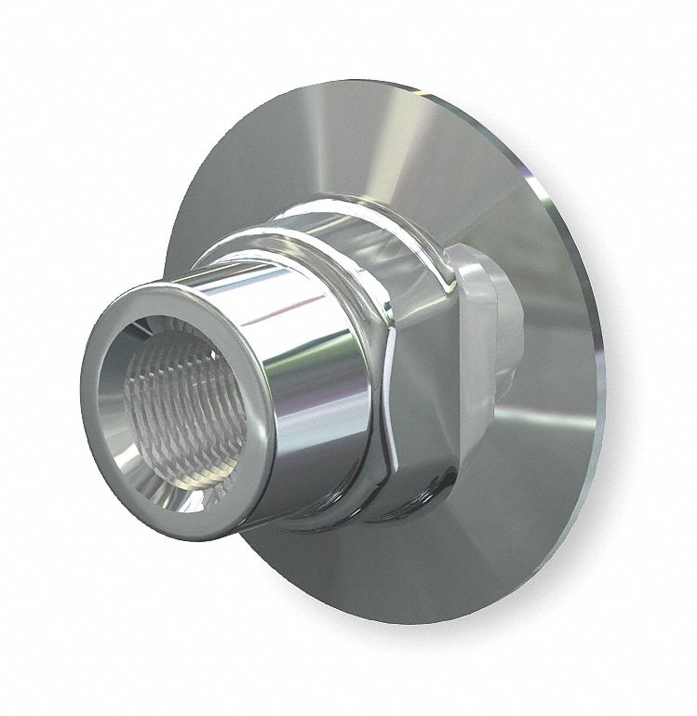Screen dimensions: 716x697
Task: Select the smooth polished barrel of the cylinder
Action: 307,372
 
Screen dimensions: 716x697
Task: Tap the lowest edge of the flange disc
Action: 447,625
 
